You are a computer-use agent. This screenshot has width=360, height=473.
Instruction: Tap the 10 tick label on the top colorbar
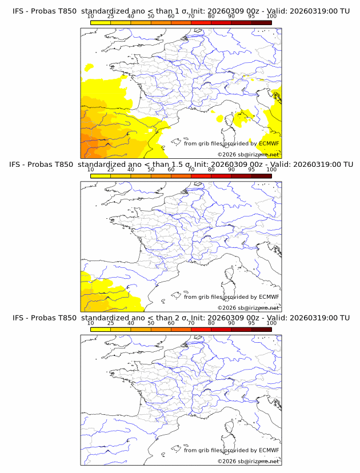(91, 17)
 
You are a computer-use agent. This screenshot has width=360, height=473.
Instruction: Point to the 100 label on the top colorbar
(271, 17)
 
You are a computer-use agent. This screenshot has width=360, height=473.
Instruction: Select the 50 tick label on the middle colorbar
(151, 170)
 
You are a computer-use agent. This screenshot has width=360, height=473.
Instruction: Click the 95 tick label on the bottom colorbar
(251, 323)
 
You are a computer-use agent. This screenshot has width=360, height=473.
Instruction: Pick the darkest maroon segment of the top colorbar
(261, 22)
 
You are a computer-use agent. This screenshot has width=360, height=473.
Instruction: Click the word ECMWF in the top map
(269, 143)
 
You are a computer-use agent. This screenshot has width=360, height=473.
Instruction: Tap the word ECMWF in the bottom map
(269, 450)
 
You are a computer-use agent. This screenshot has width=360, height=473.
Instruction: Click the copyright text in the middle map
(248, 307)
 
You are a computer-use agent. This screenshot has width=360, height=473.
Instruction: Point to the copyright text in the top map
(248, 154)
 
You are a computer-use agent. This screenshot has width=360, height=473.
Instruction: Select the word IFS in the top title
(18, 11)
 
